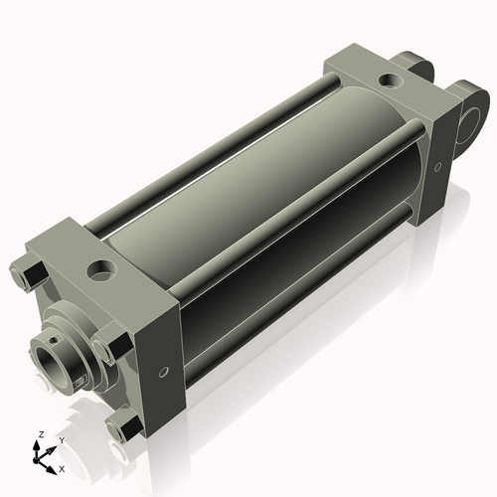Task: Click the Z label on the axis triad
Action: click(x=39, y=434)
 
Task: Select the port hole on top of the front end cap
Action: click(x=101, y=269)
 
